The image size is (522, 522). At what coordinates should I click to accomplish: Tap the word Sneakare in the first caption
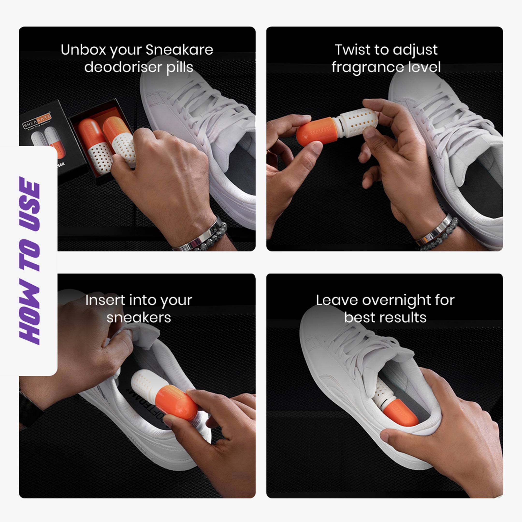coord(179,50)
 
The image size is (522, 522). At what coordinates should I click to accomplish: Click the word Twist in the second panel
coord(350,50)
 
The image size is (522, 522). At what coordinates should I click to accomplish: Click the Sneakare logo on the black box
coord(37,121)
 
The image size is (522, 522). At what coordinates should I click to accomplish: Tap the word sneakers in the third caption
coord(139,318)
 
